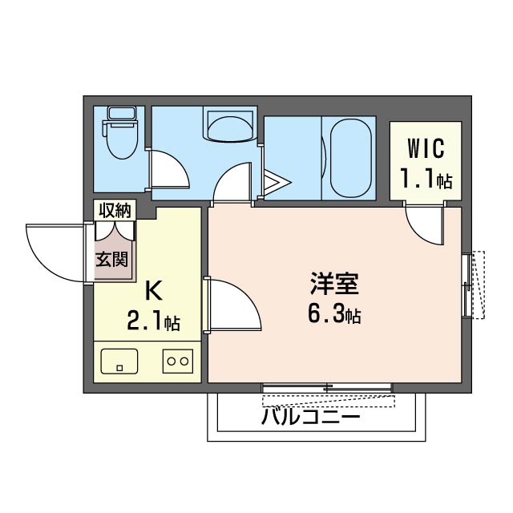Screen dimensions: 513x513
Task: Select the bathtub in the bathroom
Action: coord(349,156)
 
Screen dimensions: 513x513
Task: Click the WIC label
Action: coord(425,149)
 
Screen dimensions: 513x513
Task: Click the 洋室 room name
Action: coord(334,284)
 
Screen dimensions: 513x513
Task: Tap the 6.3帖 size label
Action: coord(334,314)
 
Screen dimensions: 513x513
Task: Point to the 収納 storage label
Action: coord(115,211)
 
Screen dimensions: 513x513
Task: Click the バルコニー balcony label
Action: coord(311,418)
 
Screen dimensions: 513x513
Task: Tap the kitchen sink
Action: coord(119,362)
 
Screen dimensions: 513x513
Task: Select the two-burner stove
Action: coord(177,362)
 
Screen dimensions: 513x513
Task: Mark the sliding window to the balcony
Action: coord(327,389)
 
